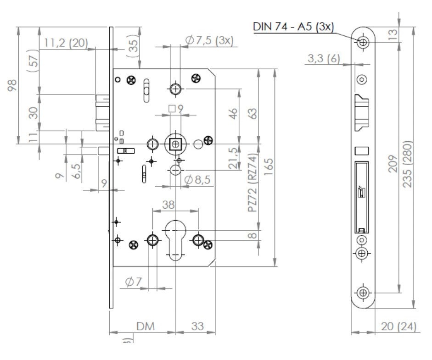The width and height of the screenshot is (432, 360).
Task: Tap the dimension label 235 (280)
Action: (x=408, y=164)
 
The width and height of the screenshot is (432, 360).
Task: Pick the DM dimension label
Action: (x=146, y=327)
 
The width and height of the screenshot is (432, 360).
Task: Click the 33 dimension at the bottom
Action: (x=197, y=327)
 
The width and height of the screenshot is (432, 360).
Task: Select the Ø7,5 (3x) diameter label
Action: (x=209, y=40)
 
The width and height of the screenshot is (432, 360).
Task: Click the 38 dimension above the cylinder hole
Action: (x=168, y=205)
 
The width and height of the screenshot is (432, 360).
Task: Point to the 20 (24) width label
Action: (x=399, y=327)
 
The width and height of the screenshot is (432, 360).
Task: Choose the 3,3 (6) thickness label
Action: (x=324, y=58)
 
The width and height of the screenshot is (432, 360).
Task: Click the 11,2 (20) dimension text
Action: (x=66, y=43)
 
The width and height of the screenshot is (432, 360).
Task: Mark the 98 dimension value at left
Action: (x=12, y=85)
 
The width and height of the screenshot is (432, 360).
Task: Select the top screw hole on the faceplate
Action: (x=363, y=42)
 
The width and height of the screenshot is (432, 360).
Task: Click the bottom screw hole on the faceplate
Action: (x=363, y=292)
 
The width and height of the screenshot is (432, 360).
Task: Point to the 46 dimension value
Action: (x=233, y=113)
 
